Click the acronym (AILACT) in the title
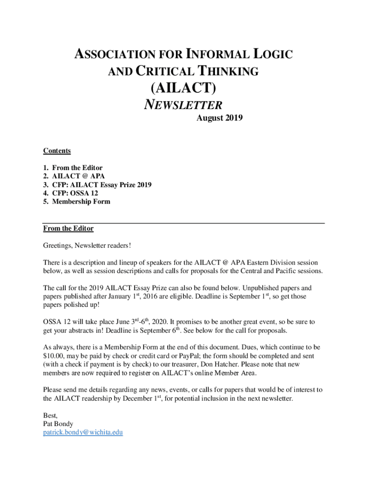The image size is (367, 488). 183,88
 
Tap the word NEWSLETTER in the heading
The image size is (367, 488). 183,104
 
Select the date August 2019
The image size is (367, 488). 220,118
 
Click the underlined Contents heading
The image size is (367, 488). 57,151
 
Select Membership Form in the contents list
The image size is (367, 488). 81,202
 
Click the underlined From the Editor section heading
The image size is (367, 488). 68,229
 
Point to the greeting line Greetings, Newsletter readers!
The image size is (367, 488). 87,245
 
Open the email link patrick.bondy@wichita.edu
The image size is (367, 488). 83,433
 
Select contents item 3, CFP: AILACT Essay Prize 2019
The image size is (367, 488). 102,185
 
